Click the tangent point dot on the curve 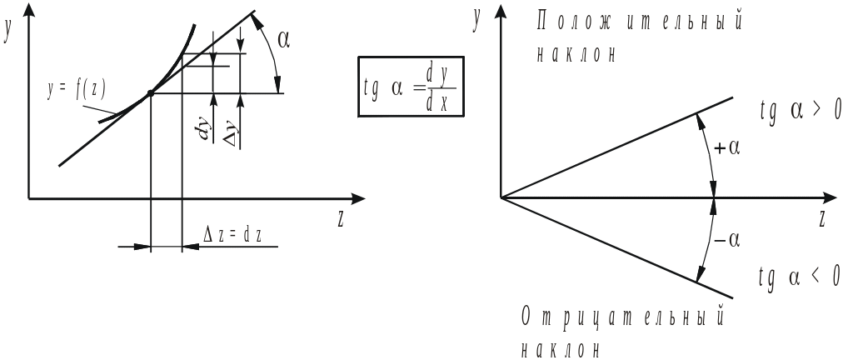(x=150, y=92)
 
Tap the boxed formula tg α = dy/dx (x=412, y=87)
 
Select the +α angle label (x=727, y=148)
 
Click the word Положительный (x=640, y=22)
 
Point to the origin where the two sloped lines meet (x=501, y=197)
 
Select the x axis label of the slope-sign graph (x=822, y=220)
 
